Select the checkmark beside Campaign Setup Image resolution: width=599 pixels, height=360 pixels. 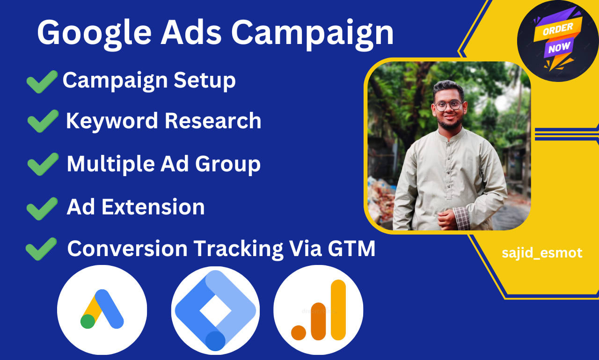click(x=42, y=81)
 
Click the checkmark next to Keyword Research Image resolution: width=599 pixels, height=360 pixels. click(x=43, y=121)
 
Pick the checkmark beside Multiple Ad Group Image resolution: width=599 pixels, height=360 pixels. click(x=43, y=164)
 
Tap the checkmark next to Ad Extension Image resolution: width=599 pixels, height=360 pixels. click(x=42, y=208)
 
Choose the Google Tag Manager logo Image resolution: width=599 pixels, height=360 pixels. click(x=215, y=310)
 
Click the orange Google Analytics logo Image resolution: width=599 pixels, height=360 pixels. click(x=318, y=310)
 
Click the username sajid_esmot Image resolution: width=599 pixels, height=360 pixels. click(x=542, y=253)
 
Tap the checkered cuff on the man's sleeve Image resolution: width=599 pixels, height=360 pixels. click(x=461, y=217)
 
